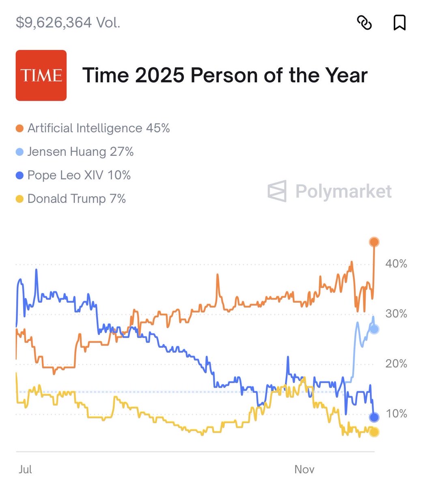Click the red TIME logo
coord(41,75)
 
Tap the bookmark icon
coord(399,23)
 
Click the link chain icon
coord(364,23)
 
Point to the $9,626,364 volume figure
coord(68,22)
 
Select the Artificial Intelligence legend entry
coord(93,128)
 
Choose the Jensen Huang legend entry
coord(75,152)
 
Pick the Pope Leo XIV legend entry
coord(73,175)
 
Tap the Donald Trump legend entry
coord(71,199)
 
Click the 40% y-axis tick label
coord(396,264)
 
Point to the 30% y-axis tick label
coord(396,314)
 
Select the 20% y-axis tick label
coord(396,364)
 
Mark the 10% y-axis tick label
coord(396,414)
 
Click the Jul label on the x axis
coord(25,470)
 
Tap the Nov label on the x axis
coord(304,470)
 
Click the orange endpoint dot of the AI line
coord(374,242)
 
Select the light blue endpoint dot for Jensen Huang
coord(374,329)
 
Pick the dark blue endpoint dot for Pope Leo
coord(374,417)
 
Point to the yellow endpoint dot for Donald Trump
coord(374,432)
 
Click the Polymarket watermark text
coord(343,191)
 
